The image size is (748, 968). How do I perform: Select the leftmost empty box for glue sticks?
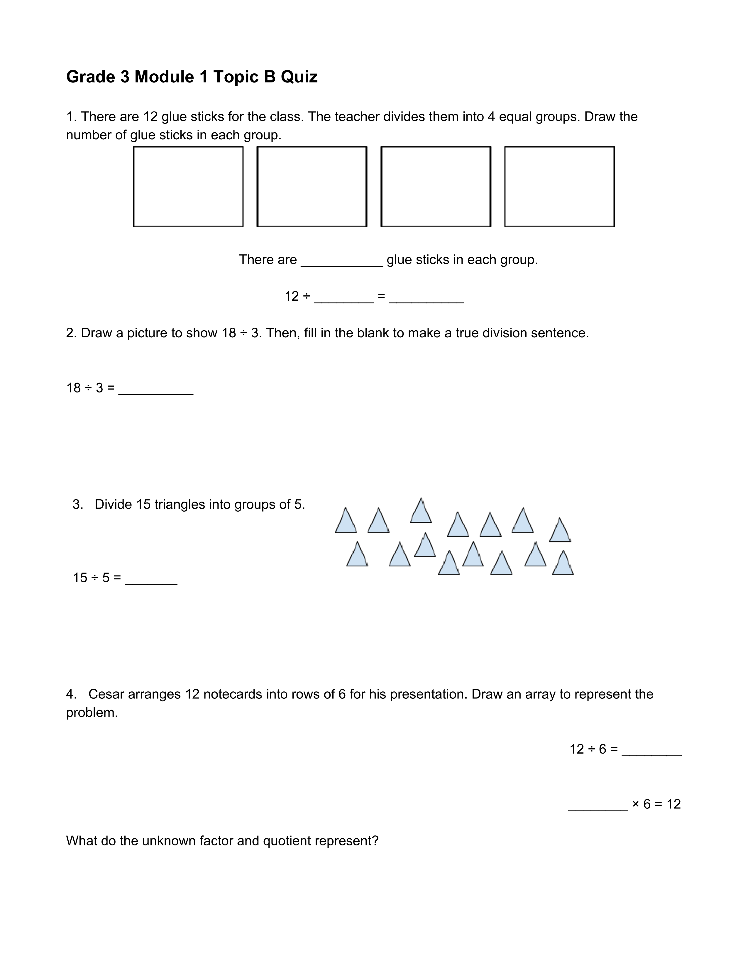tap(188, 187)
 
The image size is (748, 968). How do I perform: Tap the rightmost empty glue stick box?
tap(559, 187)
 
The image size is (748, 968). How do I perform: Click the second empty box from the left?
tap(312, 187)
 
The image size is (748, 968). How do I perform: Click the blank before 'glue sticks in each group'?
tap(342, 261)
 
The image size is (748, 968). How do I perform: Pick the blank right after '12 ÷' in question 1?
tap(343, 298)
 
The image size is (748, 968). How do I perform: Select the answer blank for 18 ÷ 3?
tap(156, 390)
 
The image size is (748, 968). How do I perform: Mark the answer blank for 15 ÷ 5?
tap(151, 580)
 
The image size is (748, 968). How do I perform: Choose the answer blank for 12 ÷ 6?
tap(651, 751)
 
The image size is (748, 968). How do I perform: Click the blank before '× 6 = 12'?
tap(598, 806)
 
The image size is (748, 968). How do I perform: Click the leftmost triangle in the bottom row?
tap(357, 555)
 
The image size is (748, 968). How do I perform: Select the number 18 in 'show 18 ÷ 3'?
tap(229, 333)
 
